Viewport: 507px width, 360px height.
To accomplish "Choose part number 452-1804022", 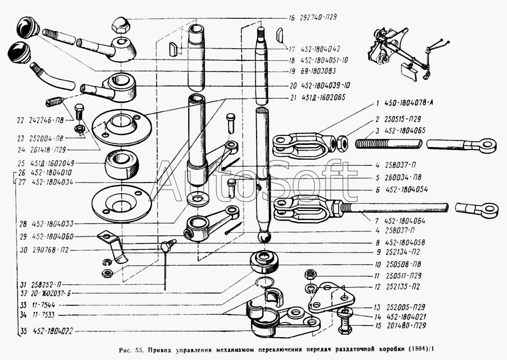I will pyautogui.click(x=55, y=333).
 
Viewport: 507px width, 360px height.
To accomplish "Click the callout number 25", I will pyautogui.click(x=21, y=164).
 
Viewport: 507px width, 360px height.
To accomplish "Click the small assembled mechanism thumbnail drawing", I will pyautogui.click(x=403, y=53).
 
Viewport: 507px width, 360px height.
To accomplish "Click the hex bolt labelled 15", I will pyautogui.click(x=346, y=323).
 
